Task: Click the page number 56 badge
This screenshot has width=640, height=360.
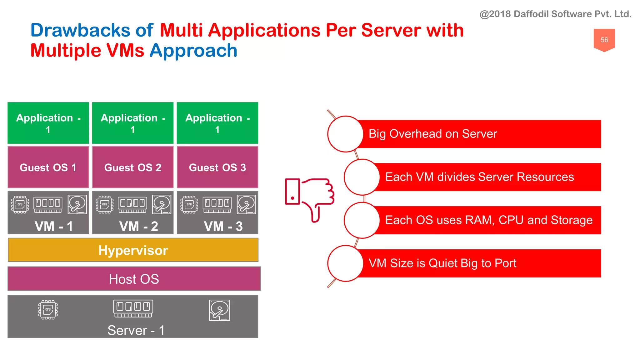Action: [604, 40]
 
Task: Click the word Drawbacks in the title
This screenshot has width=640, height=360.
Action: [80, 30]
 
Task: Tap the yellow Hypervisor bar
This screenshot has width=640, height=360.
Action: [133, 250]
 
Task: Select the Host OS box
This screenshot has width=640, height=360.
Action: [134, 279]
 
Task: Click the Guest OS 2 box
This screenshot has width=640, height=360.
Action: [133, 167]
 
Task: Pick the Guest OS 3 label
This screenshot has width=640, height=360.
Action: [217, 167]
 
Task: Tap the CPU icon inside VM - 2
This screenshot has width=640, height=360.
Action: [105, 204]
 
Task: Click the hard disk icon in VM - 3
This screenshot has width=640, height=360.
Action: [246, 204]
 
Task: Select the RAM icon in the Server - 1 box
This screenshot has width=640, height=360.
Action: [133, 308]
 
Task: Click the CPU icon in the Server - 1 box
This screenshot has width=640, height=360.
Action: [48, 310]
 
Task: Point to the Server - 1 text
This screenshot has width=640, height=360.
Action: [136, 330]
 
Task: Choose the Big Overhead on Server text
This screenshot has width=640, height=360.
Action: [432, 134]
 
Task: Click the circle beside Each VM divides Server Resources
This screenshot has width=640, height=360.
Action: [362, 177]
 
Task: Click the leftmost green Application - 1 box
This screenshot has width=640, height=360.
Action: [48, 123]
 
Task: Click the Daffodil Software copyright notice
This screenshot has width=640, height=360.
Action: [555, 14]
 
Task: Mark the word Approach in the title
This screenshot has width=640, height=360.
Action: [193, 51]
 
